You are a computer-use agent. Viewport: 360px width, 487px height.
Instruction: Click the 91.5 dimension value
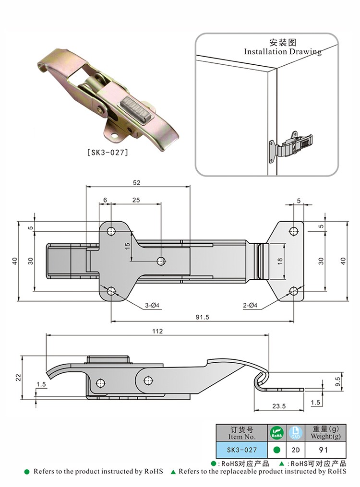click(201, 317)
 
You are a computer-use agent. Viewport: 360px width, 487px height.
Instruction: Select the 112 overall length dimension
click(157, 331)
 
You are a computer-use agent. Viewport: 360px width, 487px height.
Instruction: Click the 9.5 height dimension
click(337, 382)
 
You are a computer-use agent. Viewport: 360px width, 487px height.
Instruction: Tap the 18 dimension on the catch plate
click(280, 261)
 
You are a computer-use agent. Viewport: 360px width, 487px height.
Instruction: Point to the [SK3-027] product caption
click(107, 153)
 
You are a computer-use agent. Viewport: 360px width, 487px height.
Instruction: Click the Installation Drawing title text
click(282, 51)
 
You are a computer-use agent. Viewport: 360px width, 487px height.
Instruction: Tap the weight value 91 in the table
click(324, 450)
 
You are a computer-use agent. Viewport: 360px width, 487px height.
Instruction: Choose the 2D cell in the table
click(296, 450)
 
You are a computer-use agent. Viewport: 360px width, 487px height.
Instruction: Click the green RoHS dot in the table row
click(276, 450)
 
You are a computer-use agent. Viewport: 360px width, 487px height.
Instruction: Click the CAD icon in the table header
click(296, 432)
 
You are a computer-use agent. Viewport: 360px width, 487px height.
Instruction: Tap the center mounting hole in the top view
click(161, 261)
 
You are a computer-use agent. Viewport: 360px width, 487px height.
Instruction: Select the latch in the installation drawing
click(291, 144)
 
